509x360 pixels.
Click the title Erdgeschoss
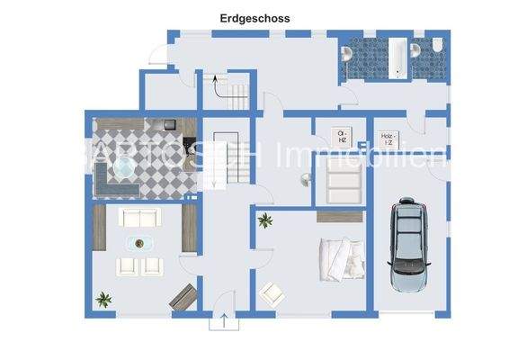(255, 17)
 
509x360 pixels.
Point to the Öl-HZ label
(342, 138)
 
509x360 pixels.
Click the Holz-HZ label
(388, 139)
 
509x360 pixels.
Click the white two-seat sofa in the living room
(140, 217)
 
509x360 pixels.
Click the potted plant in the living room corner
(104, 299)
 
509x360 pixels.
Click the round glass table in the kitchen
(125, 167)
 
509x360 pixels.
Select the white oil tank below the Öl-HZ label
(343, 187)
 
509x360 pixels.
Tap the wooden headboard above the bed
(341, 215)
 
